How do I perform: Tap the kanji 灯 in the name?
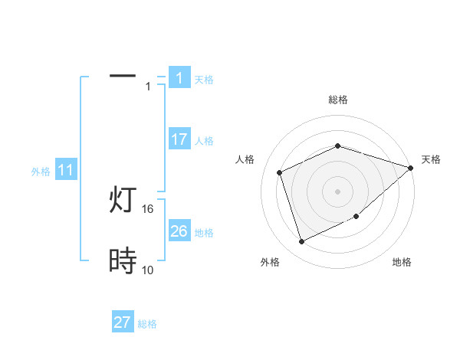coord(123,201)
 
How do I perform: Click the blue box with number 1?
coord(179,78)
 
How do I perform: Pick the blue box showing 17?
coord(179,139)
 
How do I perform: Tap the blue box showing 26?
coord(179,231)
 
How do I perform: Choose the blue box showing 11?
coord(65,171)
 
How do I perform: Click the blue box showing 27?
coord(123,322)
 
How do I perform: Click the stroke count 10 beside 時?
coord(147,270)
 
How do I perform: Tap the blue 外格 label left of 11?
coord(41,172)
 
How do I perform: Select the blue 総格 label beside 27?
coord(148,324)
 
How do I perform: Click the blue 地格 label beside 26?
coord(205,233)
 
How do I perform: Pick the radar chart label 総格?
coord(337,100)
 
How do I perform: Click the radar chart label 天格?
coord(432,159)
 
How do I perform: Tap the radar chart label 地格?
coord(402,263)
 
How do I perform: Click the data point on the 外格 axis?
coord(301,242)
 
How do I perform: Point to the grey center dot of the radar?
coord(337,191)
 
